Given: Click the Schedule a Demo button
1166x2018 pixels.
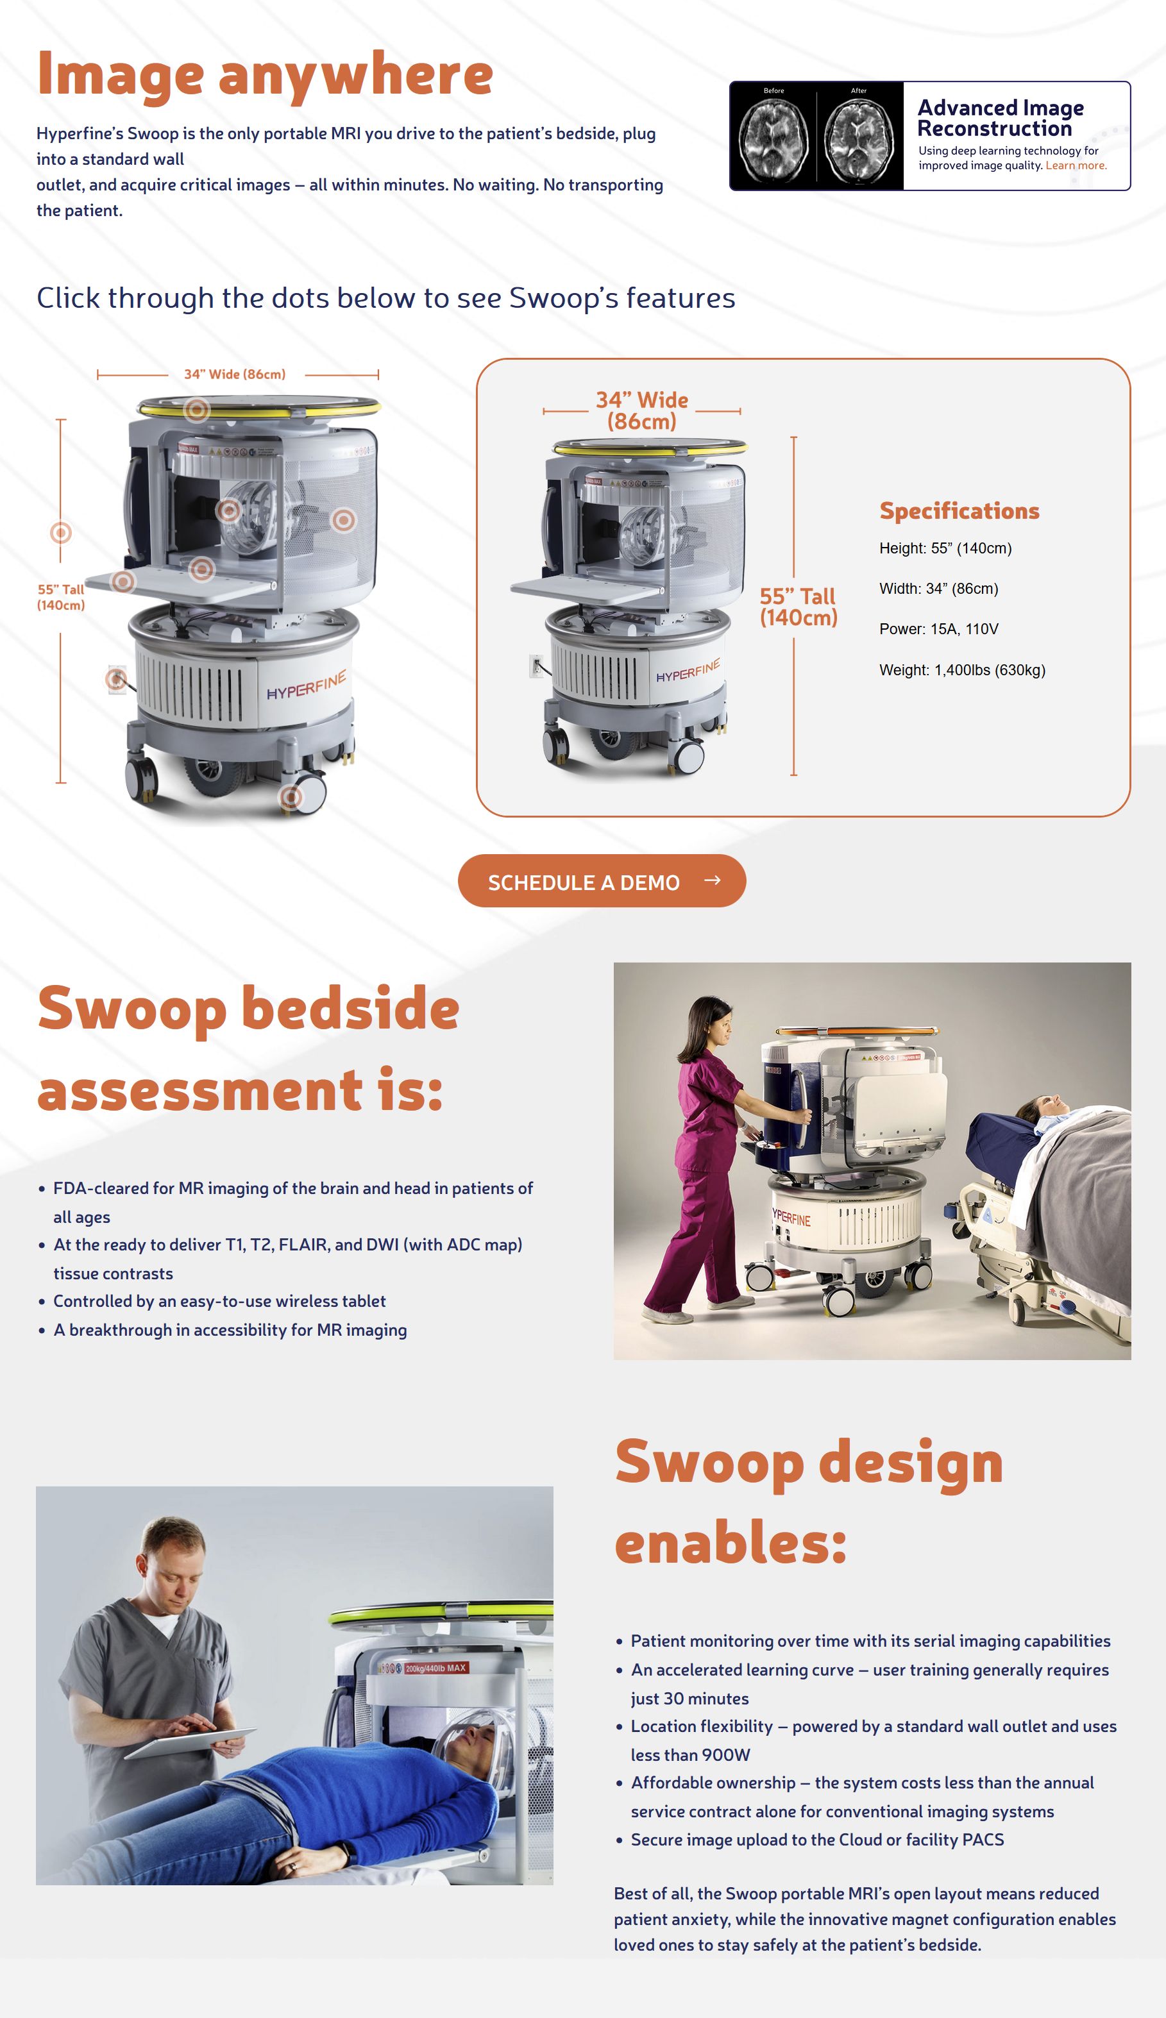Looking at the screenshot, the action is click(x=602, y=880).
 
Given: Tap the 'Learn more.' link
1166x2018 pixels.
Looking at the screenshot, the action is click(x=1076, y=165).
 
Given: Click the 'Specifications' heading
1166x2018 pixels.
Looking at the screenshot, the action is click(x=959, y=510).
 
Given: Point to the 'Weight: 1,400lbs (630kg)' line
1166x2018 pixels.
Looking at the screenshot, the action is click(x=962, y=670).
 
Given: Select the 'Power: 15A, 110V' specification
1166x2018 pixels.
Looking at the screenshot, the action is click(x=938, y=629).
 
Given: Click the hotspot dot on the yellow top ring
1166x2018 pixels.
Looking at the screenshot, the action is click(x=196, y=410).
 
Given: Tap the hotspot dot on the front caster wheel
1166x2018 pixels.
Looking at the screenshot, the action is click(x=291, y=797).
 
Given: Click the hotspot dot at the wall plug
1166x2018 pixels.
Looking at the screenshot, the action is click(x=116, y=680).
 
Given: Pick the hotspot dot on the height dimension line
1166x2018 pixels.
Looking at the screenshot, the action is click(x=61, y=532).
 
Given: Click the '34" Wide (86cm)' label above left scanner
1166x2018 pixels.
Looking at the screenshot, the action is click(x=235, y=374).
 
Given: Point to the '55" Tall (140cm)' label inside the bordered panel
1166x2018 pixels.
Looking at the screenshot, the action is click(x=798, y=607).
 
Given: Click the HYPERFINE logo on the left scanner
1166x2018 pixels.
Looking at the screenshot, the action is click(x=306, y=684).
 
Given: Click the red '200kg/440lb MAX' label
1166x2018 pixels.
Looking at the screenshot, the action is click(x=435, y=1668).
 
